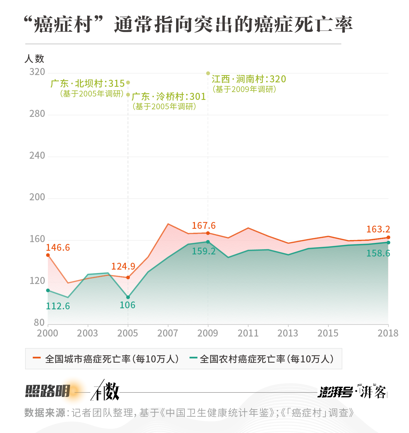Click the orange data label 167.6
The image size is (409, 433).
(204, 225)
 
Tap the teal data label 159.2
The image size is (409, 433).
(204, 251)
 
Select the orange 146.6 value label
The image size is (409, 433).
(58, 248)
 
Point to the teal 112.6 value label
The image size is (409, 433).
(58, 306)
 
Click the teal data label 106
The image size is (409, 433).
(127, 305)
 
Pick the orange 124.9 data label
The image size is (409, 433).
(123, 266)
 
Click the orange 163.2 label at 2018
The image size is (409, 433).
(378, 229)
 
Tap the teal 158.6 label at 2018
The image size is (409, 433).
(378, 253)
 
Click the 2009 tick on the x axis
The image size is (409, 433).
(208, 333)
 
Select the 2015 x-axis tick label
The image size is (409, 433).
(328, 333)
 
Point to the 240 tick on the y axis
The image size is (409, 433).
(37, 156)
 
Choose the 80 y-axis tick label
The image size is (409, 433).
(39, 323)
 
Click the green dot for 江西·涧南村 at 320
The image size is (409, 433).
(208, 73)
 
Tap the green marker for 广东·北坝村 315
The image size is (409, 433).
(128, 83)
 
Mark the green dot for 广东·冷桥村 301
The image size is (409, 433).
(128, 95)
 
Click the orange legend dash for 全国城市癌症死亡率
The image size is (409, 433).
(37, 358)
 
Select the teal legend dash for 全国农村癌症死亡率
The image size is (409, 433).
(193, 358)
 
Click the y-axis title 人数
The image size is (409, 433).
(34, 59)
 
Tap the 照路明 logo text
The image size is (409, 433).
(48, 391)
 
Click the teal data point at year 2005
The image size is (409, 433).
(128, 297)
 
